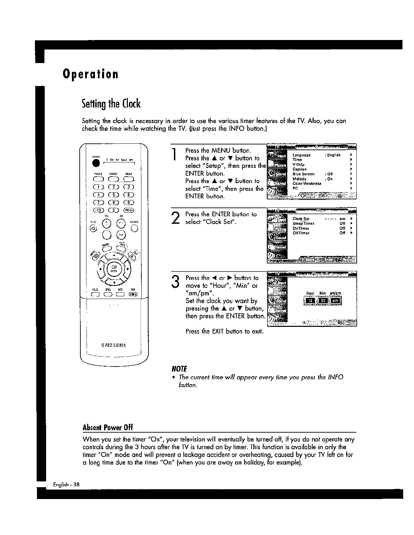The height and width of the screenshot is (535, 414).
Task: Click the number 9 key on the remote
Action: (x=129, y=202)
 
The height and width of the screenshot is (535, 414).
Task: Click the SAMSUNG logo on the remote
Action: (x=114, y=345)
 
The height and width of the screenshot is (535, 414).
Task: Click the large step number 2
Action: (x=175, y=217)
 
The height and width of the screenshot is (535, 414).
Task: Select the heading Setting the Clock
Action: (x=111, y=103)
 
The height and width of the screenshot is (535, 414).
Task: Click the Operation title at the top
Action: (x=91, y=74)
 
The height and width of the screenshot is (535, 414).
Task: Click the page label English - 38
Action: (x=66, y=484)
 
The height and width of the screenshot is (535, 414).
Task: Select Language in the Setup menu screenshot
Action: (x=301, y=155)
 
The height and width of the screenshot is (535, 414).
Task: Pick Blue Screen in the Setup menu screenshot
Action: (x=303, y=174)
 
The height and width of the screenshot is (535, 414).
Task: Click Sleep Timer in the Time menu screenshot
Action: (x=303, y=224)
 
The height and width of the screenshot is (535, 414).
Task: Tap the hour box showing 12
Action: (x=310, y=301)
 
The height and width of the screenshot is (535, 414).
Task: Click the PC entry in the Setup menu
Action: (x=295, y=188)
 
